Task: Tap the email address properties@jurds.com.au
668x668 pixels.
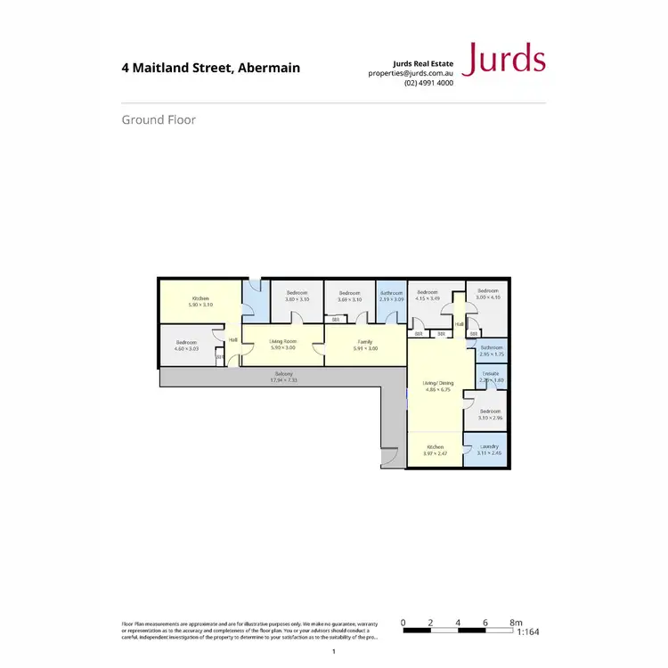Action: pyautogui.click(x=411, y=73)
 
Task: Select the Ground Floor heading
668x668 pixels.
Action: pyautogui.click(x=159, y=119)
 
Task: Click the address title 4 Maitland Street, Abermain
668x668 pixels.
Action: pyautogui.click(x=210, y=68)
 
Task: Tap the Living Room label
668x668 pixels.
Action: pyautogui.click(x=283, y=341)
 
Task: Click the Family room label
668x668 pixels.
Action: pyautogui.click(x=365, y=341)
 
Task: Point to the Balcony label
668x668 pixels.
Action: pyautogui.click(x=284, y=373)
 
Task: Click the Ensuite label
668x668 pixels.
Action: pyautogui.click(x=491, y=373)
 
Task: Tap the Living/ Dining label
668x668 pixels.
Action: pyautogui.click(x=436, y=384)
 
